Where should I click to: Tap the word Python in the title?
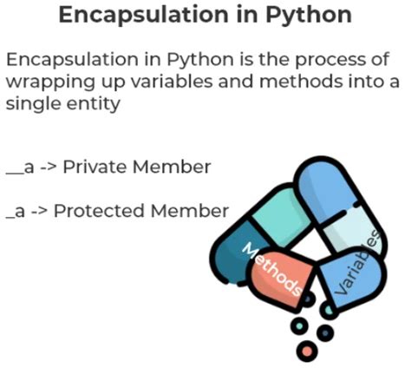pyautogui.click(x=290, y=16)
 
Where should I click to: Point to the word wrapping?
pyautogui.click(x=44, y=82)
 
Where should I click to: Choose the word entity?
pyautogui.click(x=86, y=103)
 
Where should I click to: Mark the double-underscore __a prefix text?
pyautogui.click(x=19, y=166)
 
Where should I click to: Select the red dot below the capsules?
pyautogui.click(x=304, y=351)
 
